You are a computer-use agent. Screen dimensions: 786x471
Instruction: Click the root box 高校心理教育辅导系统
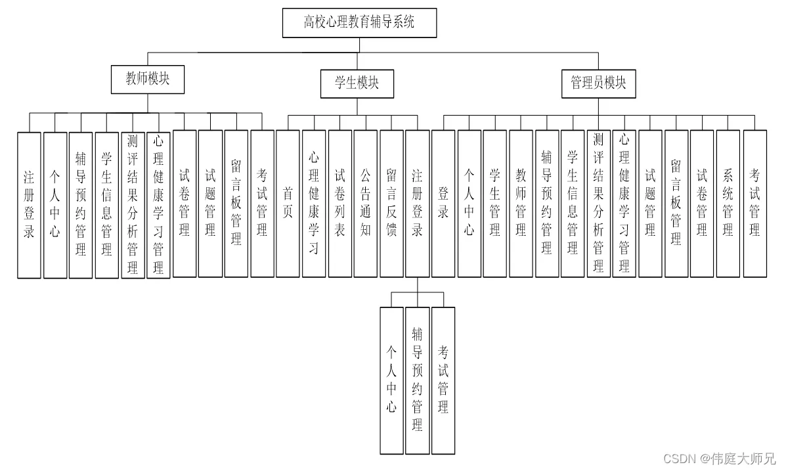tap(359, 22)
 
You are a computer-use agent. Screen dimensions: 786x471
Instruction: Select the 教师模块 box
tap(148, 79)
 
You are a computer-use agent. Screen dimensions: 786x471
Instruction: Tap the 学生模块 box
tap(357, 83)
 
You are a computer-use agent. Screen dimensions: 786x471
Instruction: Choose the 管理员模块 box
tap(598, 83)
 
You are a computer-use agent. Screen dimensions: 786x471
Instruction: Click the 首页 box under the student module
tap(288, 204)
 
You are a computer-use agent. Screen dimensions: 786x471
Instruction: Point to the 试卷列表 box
tap(340, 204)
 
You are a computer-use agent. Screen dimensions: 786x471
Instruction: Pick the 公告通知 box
tap(366, 204)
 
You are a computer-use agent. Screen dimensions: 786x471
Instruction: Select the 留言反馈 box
tap(391, 204)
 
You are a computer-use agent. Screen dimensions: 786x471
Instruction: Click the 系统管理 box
tap(728, 204)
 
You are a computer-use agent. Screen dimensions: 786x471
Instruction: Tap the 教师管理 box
tap(521, 204)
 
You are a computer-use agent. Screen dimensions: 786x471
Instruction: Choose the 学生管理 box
tap(494, 204)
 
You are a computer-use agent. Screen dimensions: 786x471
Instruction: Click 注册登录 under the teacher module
tap(29, 205)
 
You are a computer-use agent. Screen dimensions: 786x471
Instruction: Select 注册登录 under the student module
tap(418, 204)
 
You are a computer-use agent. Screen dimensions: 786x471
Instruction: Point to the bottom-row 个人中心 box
tap(391, 381)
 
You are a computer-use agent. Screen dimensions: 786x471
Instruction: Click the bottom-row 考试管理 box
tap(443, 381)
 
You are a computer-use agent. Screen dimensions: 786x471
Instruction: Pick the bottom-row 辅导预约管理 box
tap(418, 381)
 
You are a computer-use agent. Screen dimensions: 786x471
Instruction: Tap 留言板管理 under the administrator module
tap(676, 204)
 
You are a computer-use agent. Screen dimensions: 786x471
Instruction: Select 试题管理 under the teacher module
tap(211, 204)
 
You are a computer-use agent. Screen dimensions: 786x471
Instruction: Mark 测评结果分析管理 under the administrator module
tap(598, 204)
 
